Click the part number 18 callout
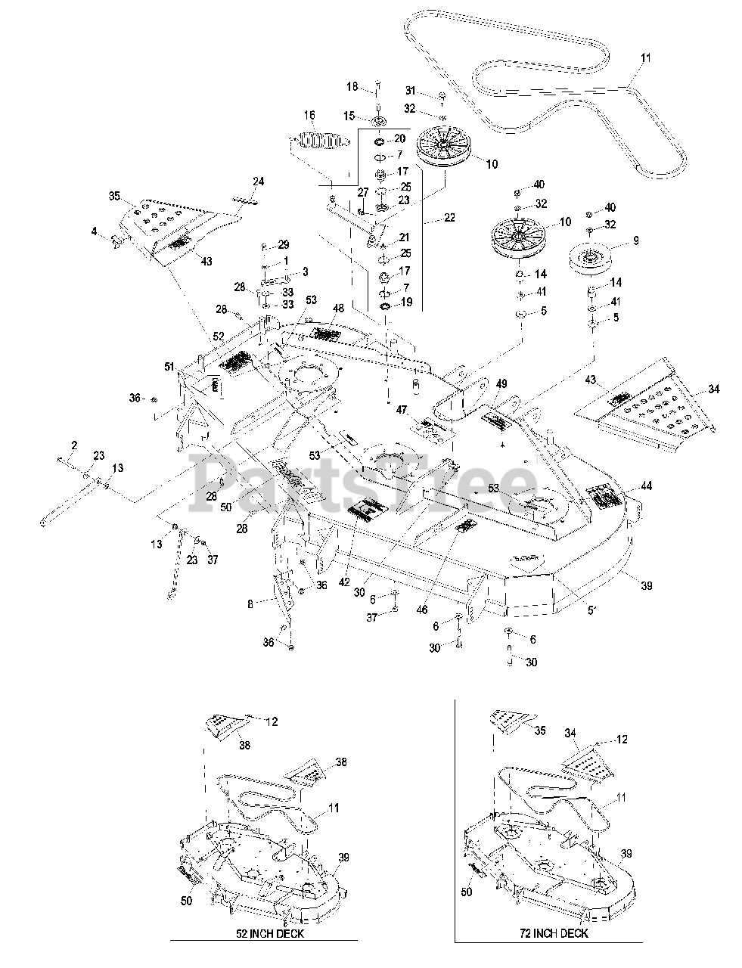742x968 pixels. [352, 88]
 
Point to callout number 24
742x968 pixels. [258, 181]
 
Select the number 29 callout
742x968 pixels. [283, 244]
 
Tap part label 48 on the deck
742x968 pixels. [338, 309]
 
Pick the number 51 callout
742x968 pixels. [169, 366]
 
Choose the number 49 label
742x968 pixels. [501, 385]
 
